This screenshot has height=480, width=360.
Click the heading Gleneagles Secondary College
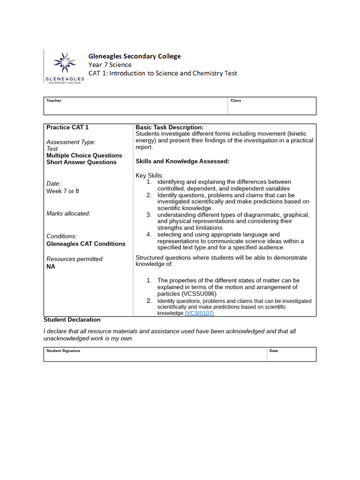click(135, 56)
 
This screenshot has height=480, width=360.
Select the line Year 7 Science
click(110, 65)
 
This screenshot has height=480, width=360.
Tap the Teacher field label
click(53, 100)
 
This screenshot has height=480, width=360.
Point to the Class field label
click(236, 100)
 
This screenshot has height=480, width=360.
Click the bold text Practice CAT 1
click(67, 127)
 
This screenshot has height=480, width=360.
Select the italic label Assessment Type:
click(71, 142)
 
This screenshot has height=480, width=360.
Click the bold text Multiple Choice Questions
click(84, 156)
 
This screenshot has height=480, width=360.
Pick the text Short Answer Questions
click(82, 162)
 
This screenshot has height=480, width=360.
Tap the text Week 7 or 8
click(63, 191)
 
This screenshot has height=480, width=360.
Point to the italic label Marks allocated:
click(68, 213)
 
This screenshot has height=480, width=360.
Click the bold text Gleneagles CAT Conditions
click(86, 244)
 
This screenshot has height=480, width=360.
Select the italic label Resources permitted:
click(75, 259)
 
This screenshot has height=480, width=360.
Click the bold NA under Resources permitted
click(51, 266)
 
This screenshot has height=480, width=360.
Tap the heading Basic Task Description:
click(169, 127)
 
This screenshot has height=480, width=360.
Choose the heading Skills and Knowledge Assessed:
click(182, 161)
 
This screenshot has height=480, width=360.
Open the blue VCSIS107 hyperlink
click(199, 313)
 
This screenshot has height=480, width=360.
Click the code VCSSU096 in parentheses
click(199, 294)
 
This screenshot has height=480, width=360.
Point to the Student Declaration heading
click(72, 320)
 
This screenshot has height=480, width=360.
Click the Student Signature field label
click(63, 351)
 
